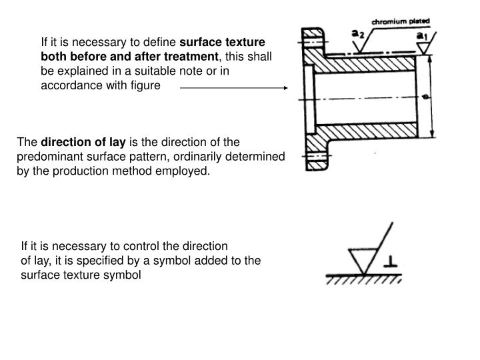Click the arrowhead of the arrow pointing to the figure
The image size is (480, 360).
pos(285,87)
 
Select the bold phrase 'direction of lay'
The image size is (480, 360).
pos(83,142)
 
